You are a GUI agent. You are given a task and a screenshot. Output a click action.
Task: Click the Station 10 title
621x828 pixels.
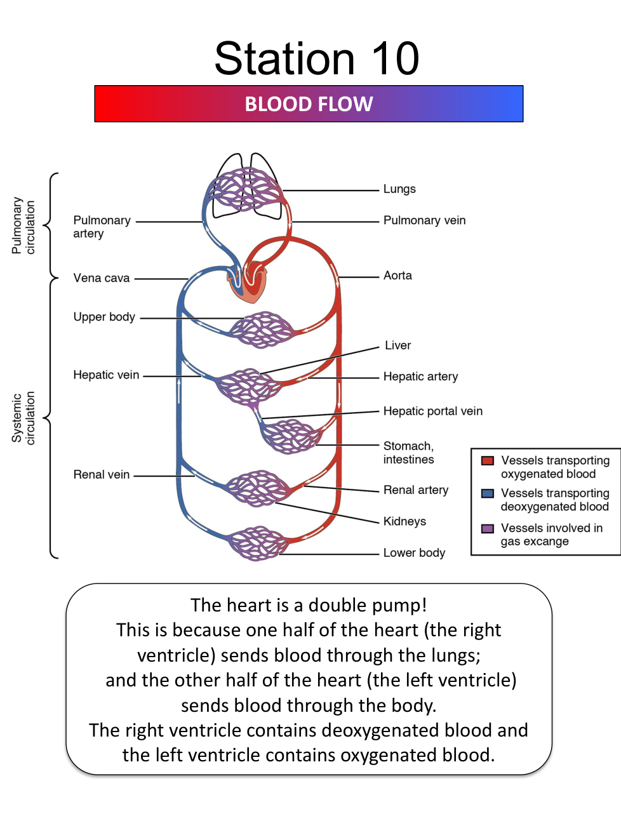click(x=316, y=58)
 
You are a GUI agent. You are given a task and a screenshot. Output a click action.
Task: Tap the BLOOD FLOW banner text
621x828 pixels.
click(x=309, y=104)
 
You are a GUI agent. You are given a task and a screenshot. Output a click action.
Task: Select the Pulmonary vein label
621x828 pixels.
click(x=424, y=220)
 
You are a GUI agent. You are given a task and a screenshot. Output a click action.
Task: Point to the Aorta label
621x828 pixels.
click(x=397, y=276)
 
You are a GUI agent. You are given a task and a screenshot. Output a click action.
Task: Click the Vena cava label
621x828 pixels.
click(x=102, y=278)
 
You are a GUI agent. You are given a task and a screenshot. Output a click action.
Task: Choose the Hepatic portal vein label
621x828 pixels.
click(x=432, y=411)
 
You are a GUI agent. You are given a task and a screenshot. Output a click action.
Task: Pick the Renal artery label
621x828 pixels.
click(x=415, y=490)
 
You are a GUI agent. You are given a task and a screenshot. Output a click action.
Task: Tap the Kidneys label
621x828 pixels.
click(x=404, y=521)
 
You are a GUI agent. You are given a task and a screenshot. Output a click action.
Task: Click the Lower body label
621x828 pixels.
click(x=414, y=552)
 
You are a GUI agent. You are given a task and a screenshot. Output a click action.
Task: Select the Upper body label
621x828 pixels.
click(x=104, y=317)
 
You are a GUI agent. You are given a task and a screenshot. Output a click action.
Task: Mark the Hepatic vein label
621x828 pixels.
click(x=106, y=375)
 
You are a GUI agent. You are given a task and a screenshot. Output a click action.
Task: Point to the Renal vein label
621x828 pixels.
click(x=102, y=474)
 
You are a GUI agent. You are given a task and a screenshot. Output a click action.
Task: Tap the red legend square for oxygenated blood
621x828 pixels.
click(x=488, y=461)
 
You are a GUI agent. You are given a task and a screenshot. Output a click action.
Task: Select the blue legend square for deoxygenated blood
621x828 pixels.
click(x=488, y=493)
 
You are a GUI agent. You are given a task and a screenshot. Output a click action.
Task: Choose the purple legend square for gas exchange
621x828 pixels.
click(x=488, y=528)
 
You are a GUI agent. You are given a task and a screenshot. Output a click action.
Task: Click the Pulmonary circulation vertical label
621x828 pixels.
click(x=23, y=226)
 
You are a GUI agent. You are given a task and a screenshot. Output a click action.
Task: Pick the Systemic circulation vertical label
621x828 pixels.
click(x=23, y=418)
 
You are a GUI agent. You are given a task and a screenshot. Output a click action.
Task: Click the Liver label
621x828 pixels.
click(x=397, y=345)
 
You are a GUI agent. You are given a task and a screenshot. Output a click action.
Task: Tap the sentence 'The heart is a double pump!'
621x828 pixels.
click(x=309, y=605)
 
